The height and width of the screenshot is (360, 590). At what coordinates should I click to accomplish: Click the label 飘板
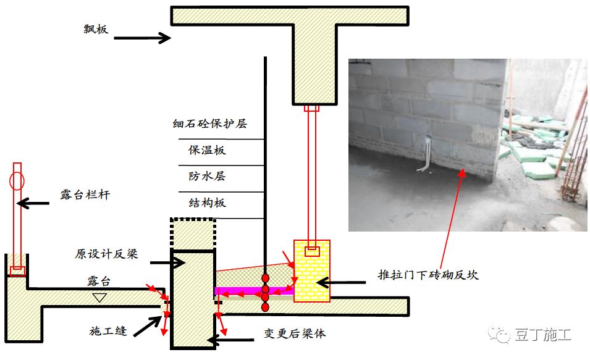(96, 29)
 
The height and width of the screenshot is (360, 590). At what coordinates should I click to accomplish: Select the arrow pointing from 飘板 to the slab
(142, 38)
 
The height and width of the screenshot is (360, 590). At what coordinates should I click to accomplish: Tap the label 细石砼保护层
(209, 123)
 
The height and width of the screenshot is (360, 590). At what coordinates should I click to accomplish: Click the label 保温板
(207, 150)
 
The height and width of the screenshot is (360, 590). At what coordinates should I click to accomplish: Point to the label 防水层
(207, 176)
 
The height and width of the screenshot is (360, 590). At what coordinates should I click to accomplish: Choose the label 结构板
(207, 203)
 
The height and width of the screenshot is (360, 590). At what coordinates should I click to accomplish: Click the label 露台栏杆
(85, 195)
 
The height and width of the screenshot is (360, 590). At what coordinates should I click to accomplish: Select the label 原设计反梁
(106, 254)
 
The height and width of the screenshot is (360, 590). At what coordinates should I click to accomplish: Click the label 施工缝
(108, 331)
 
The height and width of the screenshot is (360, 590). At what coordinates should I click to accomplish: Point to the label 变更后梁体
(295, 333)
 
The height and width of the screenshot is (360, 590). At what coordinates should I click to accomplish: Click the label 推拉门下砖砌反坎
(428, 275)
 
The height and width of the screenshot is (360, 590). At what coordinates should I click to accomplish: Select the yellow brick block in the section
(312, 271)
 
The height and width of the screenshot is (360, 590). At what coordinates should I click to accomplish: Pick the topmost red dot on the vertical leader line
(265, 278)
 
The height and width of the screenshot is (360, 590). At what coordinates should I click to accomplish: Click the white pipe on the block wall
(426, 155)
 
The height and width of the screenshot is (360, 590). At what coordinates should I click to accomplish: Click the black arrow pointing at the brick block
(341, 282)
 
